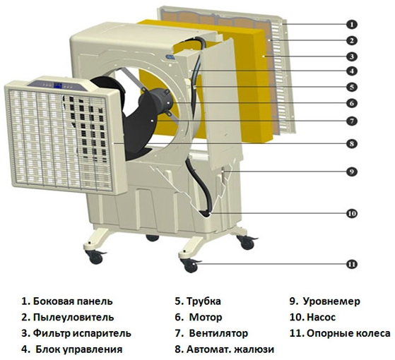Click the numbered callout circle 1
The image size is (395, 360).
(352, 25)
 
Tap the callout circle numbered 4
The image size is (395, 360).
(352, 71)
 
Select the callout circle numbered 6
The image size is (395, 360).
(352, 103)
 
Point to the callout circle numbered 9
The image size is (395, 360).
(352, 172)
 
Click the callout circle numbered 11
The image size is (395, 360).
(352, 264)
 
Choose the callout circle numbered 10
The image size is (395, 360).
(352, 214)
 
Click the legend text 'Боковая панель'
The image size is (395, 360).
(73, 301)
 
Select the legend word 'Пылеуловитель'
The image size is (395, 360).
(73, 318)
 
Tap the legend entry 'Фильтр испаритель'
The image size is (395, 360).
(82, 334)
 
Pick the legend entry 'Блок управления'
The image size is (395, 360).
(79, 349)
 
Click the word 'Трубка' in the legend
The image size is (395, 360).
(204, 301)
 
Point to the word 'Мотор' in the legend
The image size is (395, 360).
(206, 318)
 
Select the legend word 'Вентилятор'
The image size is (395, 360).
(218, 334)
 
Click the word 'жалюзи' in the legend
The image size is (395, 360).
(254, 349)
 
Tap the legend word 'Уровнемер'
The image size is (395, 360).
(331, 301)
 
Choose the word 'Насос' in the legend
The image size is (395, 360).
(322, 318)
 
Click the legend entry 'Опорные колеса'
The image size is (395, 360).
(348, 334)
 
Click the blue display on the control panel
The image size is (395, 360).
(58, 85)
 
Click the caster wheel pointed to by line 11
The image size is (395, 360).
(191, 266)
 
